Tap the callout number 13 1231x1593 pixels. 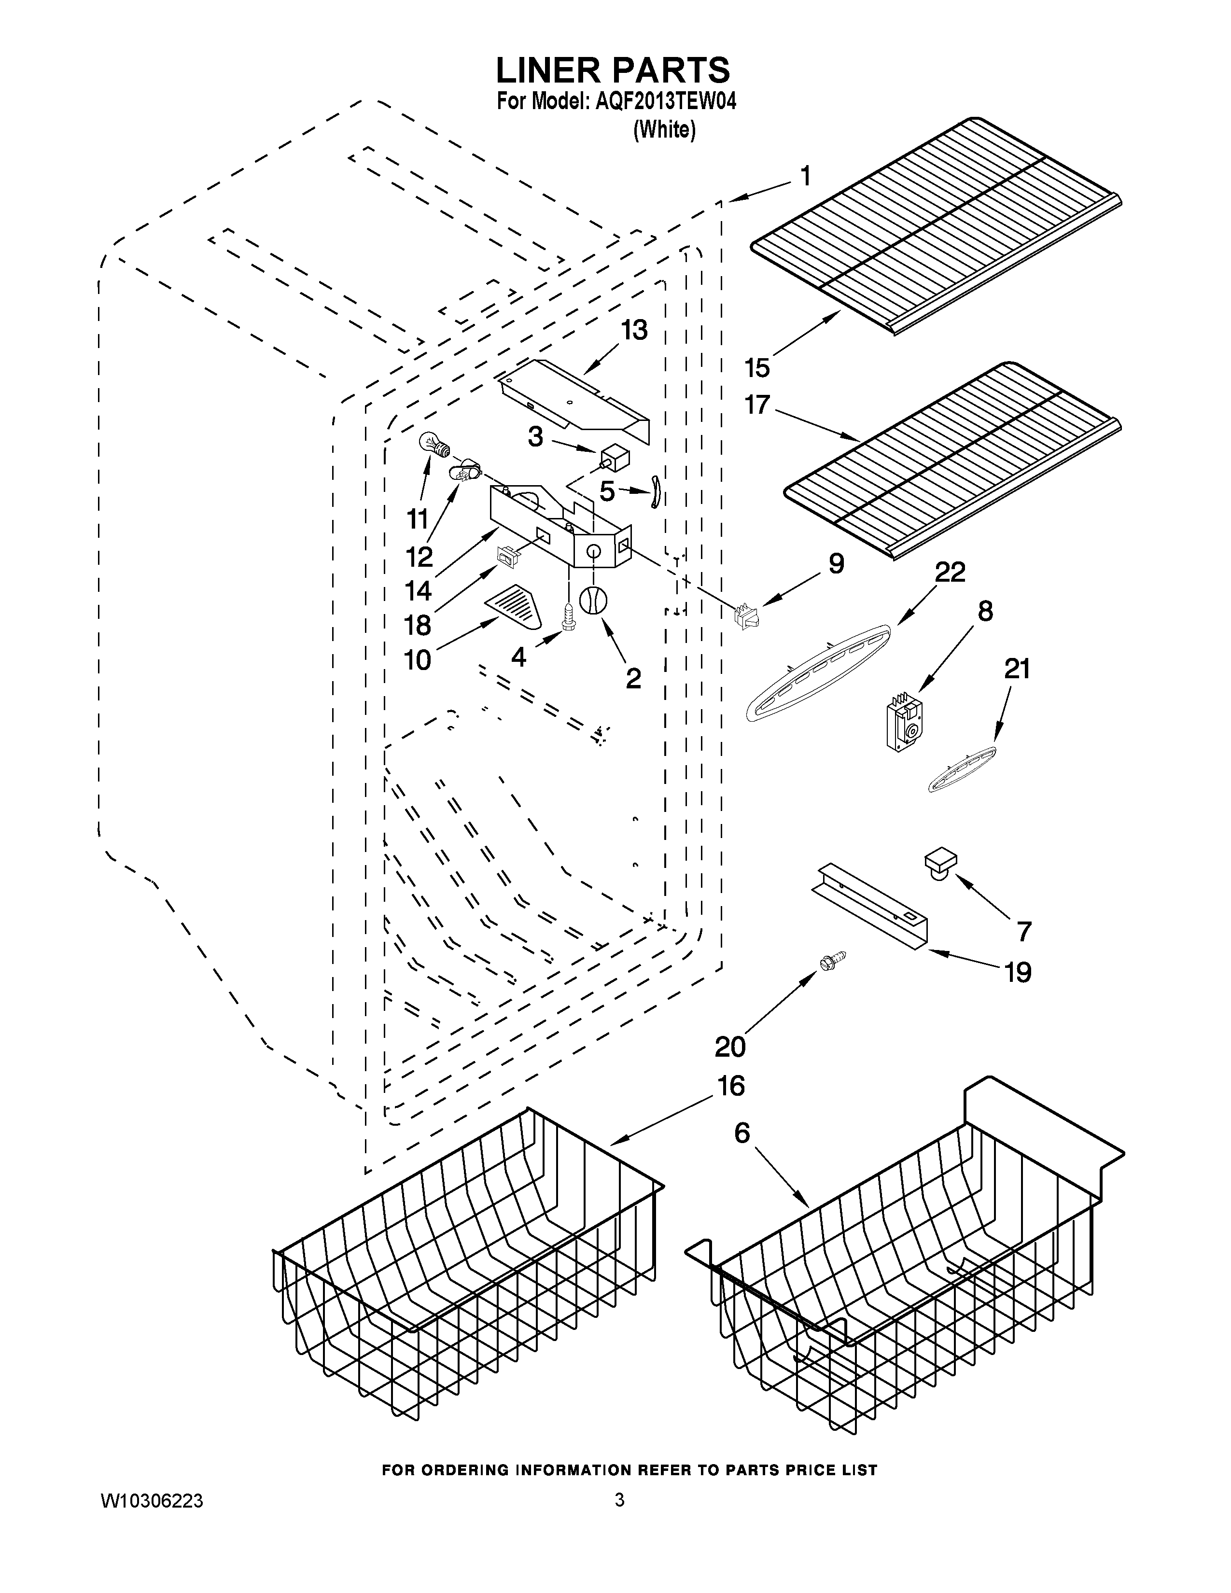(634, 330)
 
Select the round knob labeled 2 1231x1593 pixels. (593, 600)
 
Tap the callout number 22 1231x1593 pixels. (950, 572)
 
